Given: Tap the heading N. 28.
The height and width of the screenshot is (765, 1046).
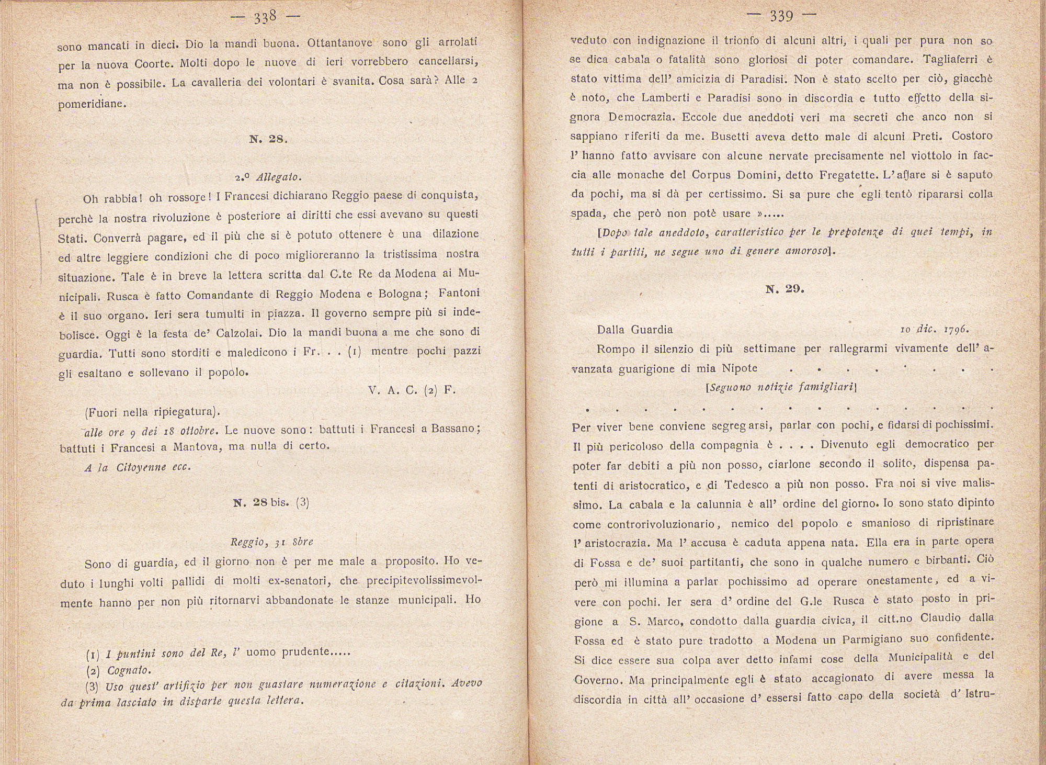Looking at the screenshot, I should pyautogui.click(x=268, y=139).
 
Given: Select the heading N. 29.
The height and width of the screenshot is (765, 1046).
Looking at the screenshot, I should pyautogui.click(x=784, y=289).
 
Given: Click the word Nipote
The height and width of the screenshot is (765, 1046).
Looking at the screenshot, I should pyautogui.click(x=740, y=368).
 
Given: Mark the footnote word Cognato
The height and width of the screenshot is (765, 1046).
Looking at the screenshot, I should pyautogui.click(x=129, y=670).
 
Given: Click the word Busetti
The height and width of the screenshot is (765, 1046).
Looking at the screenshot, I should pyautogui.click(x=736, y=136).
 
